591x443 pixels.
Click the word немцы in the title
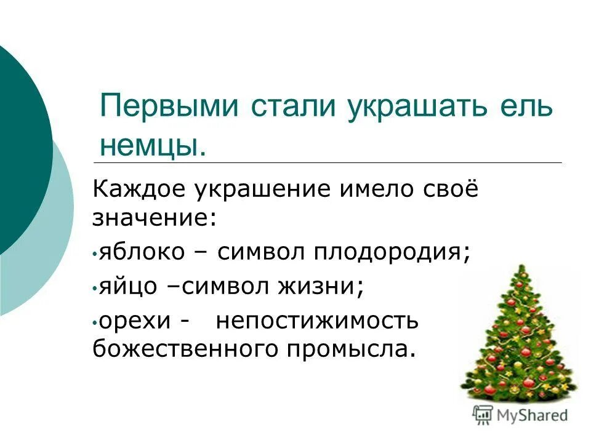(x=150, y=145)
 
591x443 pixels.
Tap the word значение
(x=154, y=219)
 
